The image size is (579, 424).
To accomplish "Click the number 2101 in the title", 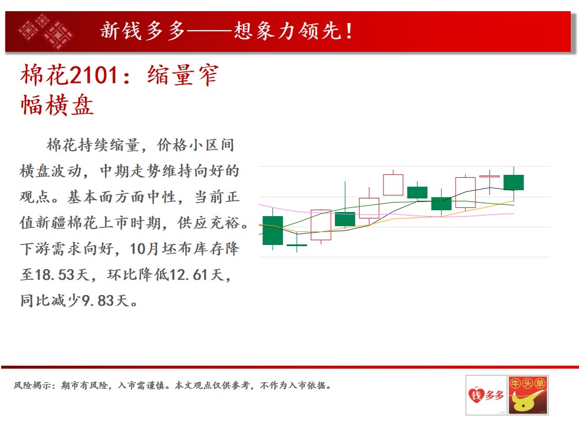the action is [93, 75].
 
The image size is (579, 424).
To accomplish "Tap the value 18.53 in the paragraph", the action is [54, 274].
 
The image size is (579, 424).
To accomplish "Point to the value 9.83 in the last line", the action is [97, 301].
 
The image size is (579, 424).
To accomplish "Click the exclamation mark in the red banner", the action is [349, 31].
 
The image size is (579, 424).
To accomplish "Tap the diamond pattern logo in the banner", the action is [46, 31].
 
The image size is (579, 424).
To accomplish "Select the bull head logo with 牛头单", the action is [528, 395].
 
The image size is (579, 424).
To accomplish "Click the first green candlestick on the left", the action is [272, 230].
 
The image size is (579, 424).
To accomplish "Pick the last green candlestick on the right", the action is [514, 183].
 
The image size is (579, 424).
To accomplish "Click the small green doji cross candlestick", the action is [297, 245].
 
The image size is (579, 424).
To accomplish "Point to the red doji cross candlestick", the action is [489, 177].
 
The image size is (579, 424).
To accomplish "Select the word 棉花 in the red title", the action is [44, 75].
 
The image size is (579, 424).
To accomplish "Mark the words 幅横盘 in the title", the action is [57, 105].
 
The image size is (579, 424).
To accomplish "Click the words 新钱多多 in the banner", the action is [143, 31].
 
